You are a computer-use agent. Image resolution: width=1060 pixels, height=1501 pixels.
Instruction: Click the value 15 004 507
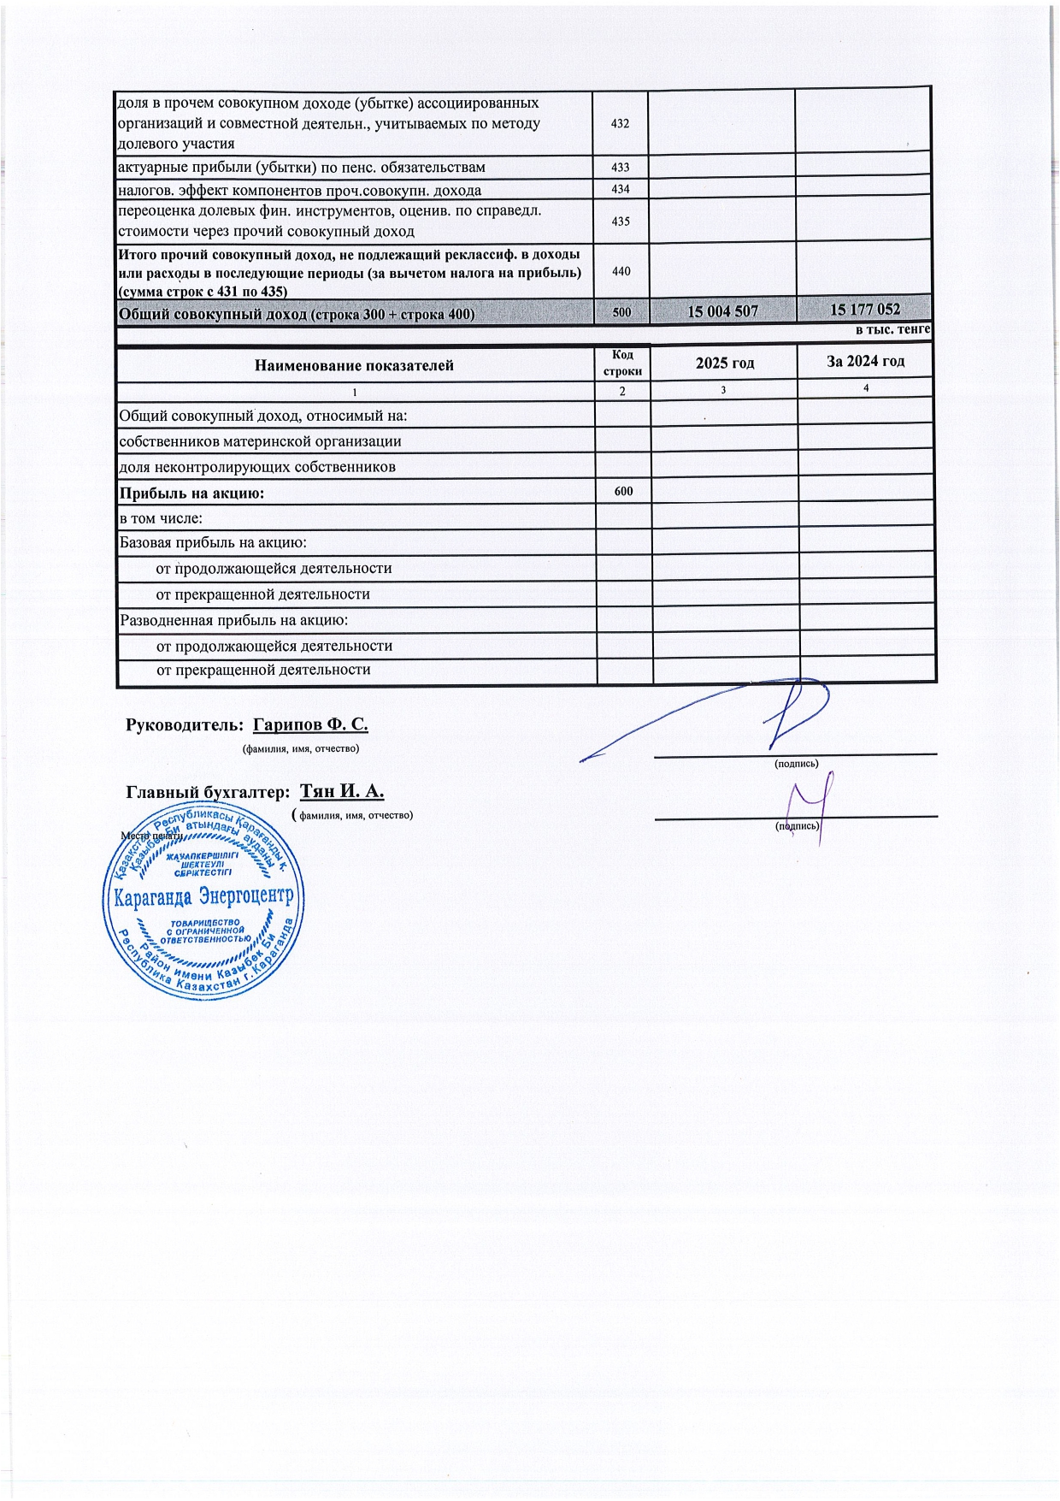[723, 311]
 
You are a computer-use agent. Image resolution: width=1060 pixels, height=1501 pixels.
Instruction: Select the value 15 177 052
[865, 309]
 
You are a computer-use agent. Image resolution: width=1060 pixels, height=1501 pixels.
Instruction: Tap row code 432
[621, 123]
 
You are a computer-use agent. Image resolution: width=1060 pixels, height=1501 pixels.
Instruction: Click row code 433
[621, 168]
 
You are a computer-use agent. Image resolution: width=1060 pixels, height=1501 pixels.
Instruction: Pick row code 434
[621, 189]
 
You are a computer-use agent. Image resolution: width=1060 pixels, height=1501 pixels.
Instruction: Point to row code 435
[621, 222]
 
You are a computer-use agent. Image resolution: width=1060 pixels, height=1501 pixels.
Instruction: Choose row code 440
[621, 271]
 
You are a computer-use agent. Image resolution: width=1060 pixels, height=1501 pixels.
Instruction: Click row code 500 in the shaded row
[621, 313]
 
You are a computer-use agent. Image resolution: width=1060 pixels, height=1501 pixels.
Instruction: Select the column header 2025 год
[725, 363]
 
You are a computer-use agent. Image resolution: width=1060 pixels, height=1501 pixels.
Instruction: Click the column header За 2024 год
[865, 361]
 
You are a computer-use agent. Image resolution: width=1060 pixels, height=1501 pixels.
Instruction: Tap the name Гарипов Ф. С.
[310, 724]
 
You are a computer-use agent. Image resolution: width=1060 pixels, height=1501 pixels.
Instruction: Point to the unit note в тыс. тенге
[892, 329]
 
